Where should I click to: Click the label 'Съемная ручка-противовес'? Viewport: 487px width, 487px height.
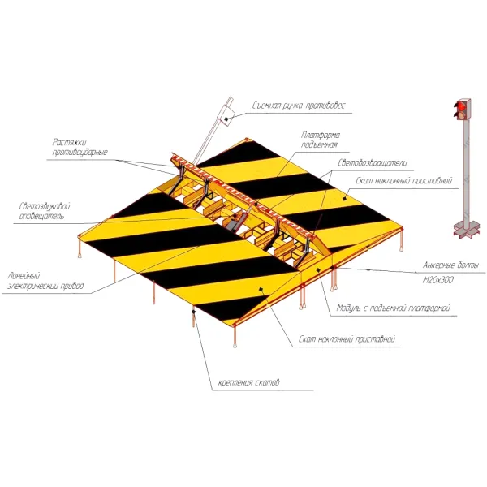tap(299, 106)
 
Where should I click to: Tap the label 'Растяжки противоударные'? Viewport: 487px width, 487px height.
tap(80, 147)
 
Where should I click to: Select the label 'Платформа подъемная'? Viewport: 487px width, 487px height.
tap(321, 140)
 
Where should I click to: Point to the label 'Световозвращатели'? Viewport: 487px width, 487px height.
tap(373, 163)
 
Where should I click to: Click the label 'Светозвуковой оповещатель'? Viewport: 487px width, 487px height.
tap(45, 211)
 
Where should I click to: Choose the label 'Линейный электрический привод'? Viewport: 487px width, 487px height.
tap(45, 281)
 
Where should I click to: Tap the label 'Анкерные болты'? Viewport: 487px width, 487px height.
tap(450, 265)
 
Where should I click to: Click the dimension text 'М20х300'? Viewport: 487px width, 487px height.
tap(438, 280)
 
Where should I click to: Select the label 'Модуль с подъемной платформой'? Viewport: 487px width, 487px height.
tap(394, 308)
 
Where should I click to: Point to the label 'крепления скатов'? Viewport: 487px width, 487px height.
tap(249, 382)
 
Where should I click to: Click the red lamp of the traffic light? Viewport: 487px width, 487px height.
tap(461, 106)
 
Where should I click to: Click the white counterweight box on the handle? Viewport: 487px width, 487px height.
tap(226, 115)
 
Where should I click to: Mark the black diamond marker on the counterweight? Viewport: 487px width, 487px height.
tap(226, 119)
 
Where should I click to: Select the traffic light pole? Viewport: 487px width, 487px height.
tap(467, 170)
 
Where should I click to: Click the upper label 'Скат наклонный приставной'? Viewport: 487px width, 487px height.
tap(403, 181)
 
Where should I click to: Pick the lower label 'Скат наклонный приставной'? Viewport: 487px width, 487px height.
tap(347, 339)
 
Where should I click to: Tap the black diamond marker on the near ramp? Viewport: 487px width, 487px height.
tap(261, 290)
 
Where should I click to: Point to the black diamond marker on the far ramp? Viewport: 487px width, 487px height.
tap(344, 199)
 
